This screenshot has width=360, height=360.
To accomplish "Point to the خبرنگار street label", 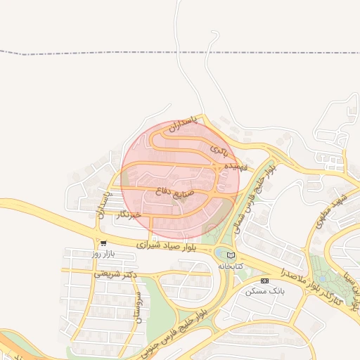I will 127,213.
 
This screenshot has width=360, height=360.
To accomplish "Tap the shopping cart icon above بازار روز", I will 103,243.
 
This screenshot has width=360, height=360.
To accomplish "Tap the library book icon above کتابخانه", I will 230,255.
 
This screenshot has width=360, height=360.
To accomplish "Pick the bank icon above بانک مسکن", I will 264,281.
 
